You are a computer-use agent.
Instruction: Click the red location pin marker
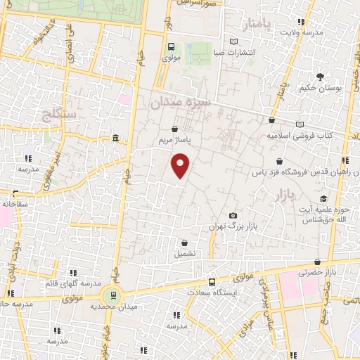pyautogui.click(x=181, y=165)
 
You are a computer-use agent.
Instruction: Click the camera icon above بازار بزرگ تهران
pyautogui.click(x=233, y=215)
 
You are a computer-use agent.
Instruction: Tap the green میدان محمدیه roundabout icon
pyautogui.click(x=110, y=295)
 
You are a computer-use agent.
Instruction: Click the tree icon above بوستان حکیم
pyautogui.click(x=321, y=76)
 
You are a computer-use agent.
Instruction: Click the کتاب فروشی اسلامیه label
pyautogui.click(x=308, y=135)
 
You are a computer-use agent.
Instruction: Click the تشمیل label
pyautogui.click(x=185, y=252)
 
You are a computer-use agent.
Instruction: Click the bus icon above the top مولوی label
pyautogui.click(x=171, y=47)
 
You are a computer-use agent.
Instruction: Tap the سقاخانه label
pyautogui.click(x=14, y=203)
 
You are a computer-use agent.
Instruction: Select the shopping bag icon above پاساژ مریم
pyautogui.click(x=174, y=129)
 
